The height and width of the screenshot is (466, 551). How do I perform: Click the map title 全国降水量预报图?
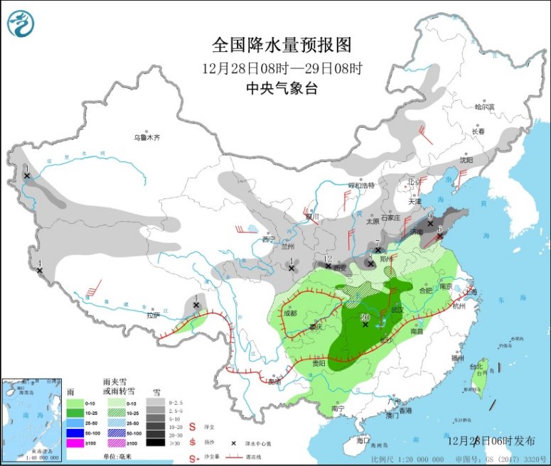click(x=282, y=46)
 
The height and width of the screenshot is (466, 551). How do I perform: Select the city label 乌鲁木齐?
click(x=148, y=137)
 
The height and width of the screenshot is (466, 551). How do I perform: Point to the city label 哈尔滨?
click(x=483, y=107)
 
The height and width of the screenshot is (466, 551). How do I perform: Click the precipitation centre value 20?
click(x=365, y=317)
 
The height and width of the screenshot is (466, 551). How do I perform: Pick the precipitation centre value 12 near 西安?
click(x=328, y=259)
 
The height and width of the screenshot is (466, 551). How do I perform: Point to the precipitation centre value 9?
click(x=430, y=215)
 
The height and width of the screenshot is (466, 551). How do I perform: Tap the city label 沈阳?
click(x=466, y=161)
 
